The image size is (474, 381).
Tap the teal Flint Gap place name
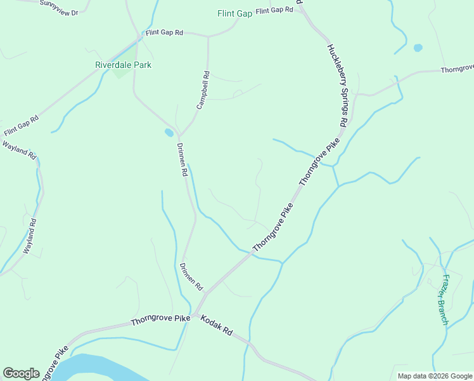(234, 13)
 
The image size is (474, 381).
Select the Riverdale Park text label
(123, 65)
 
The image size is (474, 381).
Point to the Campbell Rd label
(203, 91)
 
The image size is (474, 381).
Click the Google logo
(21, 373)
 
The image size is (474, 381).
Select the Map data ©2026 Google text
(433, 376)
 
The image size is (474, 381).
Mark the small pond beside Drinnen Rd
(169, 133)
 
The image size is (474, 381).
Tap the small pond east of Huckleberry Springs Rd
(418, 48)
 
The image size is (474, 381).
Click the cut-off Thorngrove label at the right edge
(457, 69)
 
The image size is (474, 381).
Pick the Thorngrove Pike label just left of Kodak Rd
(160, 321)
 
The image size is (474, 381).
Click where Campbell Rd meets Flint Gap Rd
(208, 37)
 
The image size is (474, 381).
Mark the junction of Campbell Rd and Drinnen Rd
(180, 136)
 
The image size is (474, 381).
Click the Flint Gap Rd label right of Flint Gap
(275, 11)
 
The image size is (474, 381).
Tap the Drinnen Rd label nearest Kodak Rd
(191, 277)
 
